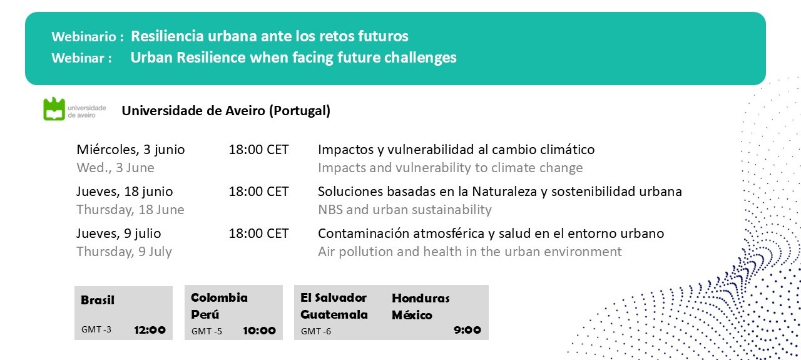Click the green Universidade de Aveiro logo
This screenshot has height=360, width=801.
[x=54, y=109]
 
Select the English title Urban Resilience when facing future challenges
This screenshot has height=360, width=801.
[x=293, y=58]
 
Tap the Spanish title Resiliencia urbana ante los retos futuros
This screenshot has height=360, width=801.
[x=269, y=36]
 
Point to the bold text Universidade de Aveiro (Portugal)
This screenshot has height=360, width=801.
[x=226, y=111]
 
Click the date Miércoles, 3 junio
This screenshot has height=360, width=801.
[x=131, y=150]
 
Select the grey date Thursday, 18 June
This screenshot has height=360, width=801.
[x=130, y=210]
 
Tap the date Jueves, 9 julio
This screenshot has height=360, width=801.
[x=119, y=234]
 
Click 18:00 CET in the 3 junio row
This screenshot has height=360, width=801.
[x=258, y=150]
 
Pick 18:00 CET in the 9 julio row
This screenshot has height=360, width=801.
[x=258, y=234]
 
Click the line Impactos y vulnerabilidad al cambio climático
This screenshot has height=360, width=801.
[x=456, y=150]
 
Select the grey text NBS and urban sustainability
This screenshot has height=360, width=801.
[x=404, y=210]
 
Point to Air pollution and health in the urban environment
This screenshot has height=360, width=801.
[x=469, y=252]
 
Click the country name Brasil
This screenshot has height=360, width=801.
[x=98, y=301]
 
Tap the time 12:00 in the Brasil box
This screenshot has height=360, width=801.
[x=150, y=330]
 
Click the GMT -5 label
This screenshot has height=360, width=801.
[x=207, y=331]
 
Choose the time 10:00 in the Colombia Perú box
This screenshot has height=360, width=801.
[x=259, y=331]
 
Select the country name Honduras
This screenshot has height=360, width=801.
[x=421, y=298]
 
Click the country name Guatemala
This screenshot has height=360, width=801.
[x=334, y=314]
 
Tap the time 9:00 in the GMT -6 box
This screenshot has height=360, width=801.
[x=467, y=330]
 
